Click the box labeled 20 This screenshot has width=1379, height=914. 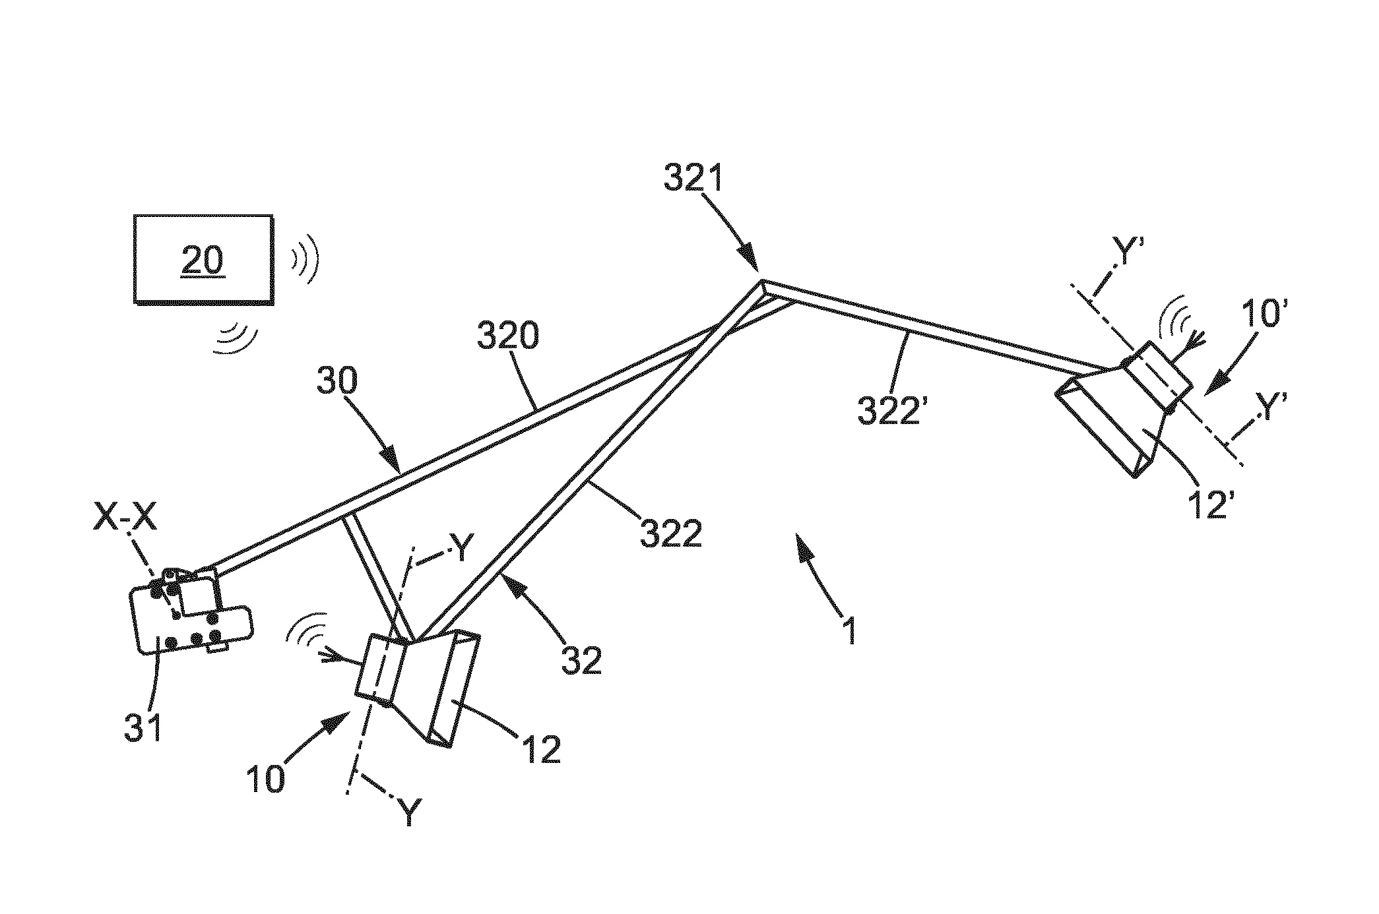[x=203, y=259]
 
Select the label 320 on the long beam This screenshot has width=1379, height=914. [x=507, y=336]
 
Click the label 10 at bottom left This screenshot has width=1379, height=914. [x=265, y=778]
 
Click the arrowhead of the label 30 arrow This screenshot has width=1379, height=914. [x=391, y=458]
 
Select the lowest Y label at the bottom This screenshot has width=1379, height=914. [x=410, y=812]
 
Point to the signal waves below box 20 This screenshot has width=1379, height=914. [x=236, y=339]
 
